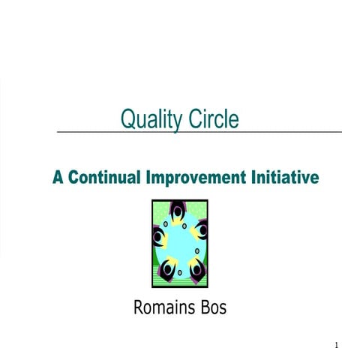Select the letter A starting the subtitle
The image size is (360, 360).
click(x=58, y=178)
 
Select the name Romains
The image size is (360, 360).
click(x=163, y=307)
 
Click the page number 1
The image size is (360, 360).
click(x=337, y=346)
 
